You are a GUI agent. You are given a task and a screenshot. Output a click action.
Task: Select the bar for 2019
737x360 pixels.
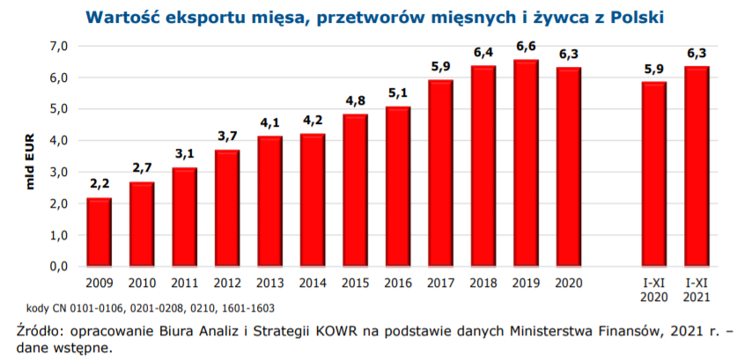point(527,163)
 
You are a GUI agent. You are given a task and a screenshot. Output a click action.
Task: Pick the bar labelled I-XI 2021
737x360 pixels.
point(696,166)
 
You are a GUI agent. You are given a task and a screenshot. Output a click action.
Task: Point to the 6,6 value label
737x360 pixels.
point(527,46)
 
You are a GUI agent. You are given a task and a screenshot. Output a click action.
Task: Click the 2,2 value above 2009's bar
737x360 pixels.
point(99,185)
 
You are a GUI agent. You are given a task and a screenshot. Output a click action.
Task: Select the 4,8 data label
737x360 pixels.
point(356,100)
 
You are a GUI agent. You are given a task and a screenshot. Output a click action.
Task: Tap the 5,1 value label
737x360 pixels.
point(398,93)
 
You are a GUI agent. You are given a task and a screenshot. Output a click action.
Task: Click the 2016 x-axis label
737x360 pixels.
point(398,283)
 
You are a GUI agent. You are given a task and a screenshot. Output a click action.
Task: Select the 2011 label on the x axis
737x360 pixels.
point(184,283)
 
